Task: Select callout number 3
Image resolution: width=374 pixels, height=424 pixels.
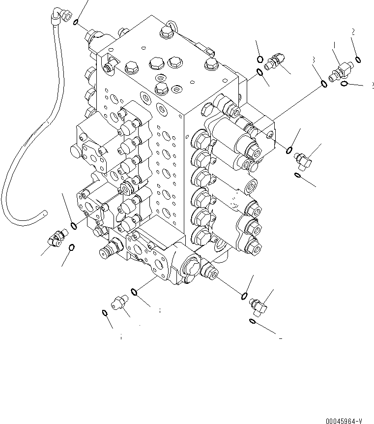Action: click(313, 60)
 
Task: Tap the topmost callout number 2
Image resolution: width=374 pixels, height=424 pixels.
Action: click(353, 32)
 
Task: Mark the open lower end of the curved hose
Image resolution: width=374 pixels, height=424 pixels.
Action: click(44, 213)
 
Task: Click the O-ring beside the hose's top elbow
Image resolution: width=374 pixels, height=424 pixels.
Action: click(77, 23)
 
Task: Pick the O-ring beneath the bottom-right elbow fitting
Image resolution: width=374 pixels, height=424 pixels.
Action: click(252, 321)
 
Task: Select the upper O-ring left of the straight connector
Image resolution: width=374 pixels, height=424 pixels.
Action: click(259, 60)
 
